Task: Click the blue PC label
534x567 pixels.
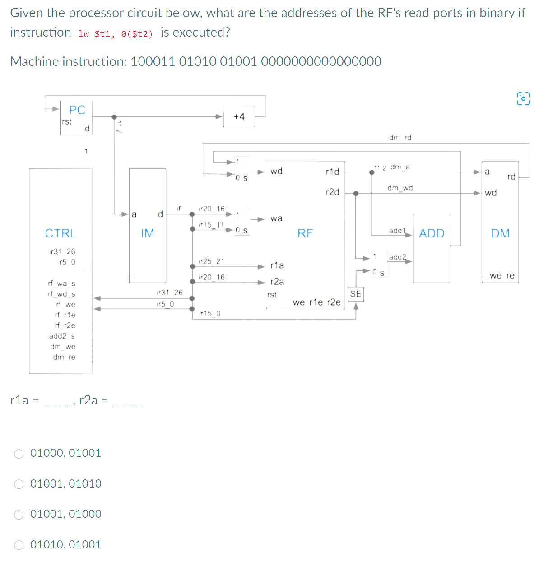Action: pyautogui.click(x=77, y=110)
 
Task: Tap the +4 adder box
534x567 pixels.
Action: pyautogui.click(x=239, y=117)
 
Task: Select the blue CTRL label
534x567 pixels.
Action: pyautogui.click(x=60, y=233)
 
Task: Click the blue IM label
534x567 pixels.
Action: pyautogui.click(x=148, y=233)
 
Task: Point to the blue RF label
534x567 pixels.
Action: pyautogui.click(x=305, y=233)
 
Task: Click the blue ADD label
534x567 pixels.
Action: pyautogui.click(x=432, y=233)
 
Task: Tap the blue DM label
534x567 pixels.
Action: pyautogui.click(x=500, y=233)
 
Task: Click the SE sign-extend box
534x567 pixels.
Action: pyautogui.click(x=356, y=294)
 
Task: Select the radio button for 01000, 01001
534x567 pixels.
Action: pyautogui.click(x=19, y=454)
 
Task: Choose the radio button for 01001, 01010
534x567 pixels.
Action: pyautogui.click(x=19, y=484)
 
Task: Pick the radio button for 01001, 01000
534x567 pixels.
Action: pyautogui.click(x=19, y=515)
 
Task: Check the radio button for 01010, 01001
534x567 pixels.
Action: pyautogui.click(x=19, y=545)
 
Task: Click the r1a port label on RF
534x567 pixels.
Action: pyautogui.click(x=277, y=265)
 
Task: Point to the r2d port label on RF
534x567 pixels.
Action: pyautogui.click(x=332, y=192)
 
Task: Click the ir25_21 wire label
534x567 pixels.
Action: pyautogui.click(x=211, y=261)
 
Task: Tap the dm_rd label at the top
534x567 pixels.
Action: pyautogui.click(x=400, y=138)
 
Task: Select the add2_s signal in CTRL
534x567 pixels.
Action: pyautogui.click(x=62, y=336)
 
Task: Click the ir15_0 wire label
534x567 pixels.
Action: pyautogui.click(x=209, y=313)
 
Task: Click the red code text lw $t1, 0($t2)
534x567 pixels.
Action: pyautogui.click(x=116, y=34)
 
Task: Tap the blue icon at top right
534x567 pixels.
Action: pyautogui.click(x=523, y=98)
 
